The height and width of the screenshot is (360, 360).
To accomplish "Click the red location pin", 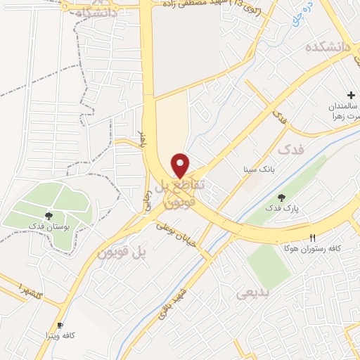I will point(181,165).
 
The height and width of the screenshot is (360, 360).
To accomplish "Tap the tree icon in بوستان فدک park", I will point(48,216).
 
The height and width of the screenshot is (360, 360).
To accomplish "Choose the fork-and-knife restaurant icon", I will point(312,237).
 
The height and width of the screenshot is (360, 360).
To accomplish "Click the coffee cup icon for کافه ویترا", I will point(60,325).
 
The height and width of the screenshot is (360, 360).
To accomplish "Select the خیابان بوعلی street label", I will point(174,230).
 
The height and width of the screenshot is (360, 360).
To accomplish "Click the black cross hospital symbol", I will point(351,95).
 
